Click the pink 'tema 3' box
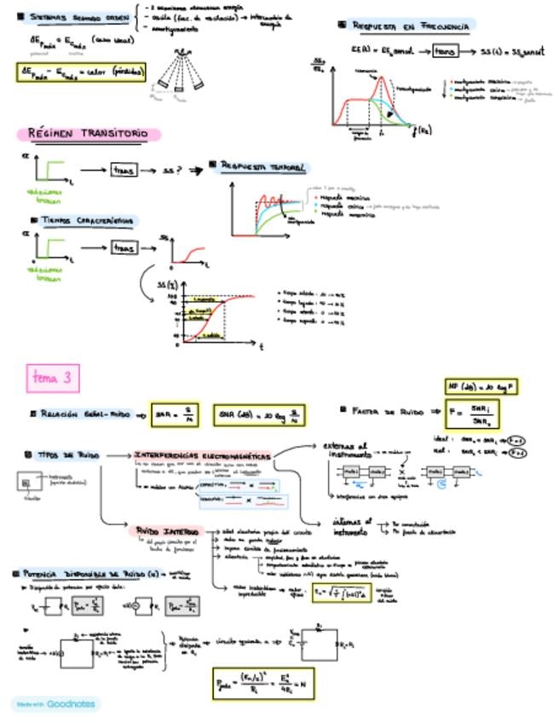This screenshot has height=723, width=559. pos(54,376)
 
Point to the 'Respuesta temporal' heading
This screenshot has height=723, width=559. pos(264,166)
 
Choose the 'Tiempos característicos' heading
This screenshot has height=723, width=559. pos(86,221)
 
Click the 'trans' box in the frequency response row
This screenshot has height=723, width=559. pos(445,51)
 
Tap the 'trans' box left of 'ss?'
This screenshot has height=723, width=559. pos(125,171)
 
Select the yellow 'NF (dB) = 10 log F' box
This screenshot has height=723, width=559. pos(481,389)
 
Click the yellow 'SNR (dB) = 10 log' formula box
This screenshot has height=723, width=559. pos(260,415)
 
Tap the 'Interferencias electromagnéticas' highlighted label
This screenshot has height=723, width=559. pos(202,457)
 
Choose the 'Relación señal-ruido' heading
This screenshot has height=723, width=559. pos(78,414)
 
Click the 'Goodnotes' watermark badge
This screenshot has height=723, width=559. pos(55,704)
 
